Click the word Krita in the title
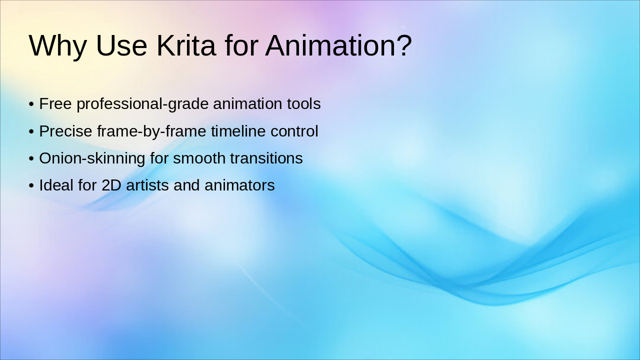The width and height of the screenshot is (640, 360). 186,45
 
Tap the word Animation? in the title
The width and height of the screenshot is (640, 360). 338,45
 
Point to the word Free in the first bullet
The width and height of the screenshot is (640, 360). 55,104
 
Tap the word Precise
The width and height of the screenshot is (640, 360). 65,131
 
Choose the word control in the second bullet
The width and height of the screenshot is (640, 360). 294,131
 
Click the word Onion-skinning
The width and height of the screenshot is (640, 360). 92,158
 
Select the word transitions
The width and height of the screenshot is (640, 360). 266,158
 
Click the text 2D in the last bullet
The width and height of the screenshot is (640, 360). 111,185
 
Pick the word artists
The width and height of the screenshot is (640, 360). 147,185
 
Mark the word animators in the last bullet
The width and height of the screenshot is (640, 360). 239,185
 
